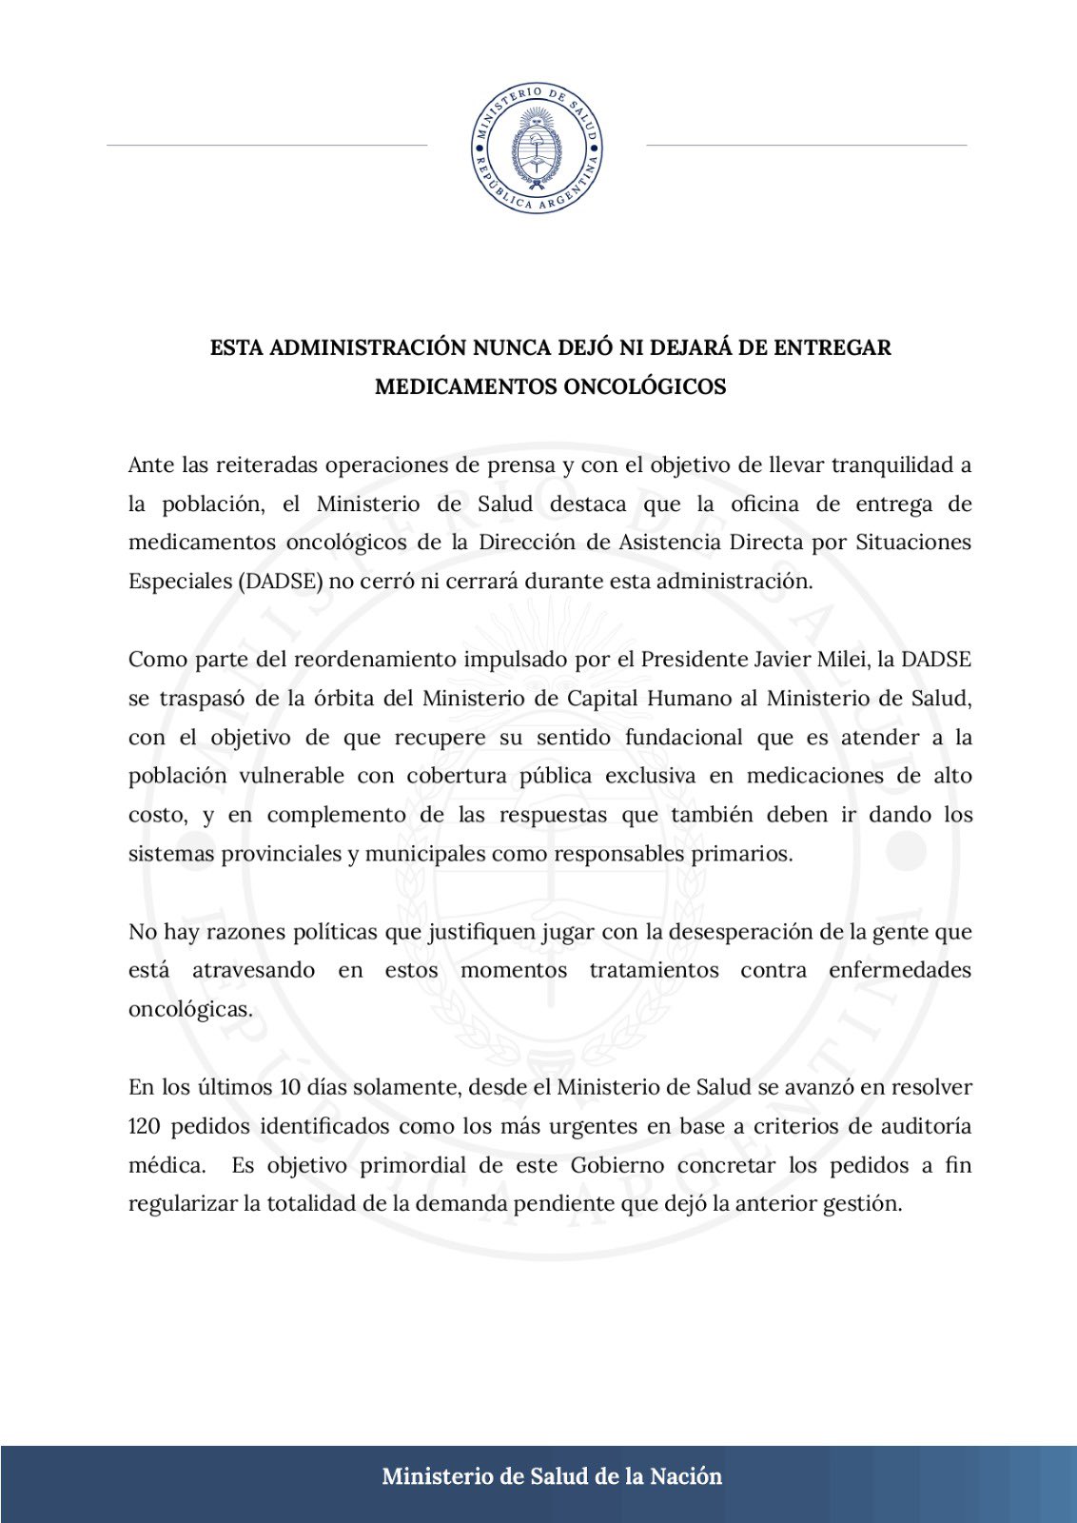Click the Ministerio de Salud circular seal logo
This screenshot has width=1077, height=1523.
[x=538, y=148]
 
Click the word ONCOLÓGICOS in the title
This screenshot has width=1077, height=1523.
[x=645, y=386]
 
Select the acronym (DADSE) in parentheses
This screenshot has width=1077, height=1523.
[x=281, y=582]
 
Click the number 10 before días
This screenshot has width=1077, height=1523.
[x=289, y=1087]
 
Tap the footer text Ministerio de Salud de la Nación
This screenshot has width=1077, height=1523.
[x=552, y=1476]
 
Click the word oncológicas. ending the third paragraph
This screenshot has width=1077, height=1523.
[x=190, y=1009]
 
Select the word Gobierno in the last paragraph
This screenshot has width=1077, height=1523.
[x=617, y=1165]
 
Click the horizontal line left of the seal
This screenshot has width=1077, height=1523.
[x=267, y=145]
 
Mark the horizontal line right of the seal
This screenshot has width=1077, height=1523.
[x=806, y=145]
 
